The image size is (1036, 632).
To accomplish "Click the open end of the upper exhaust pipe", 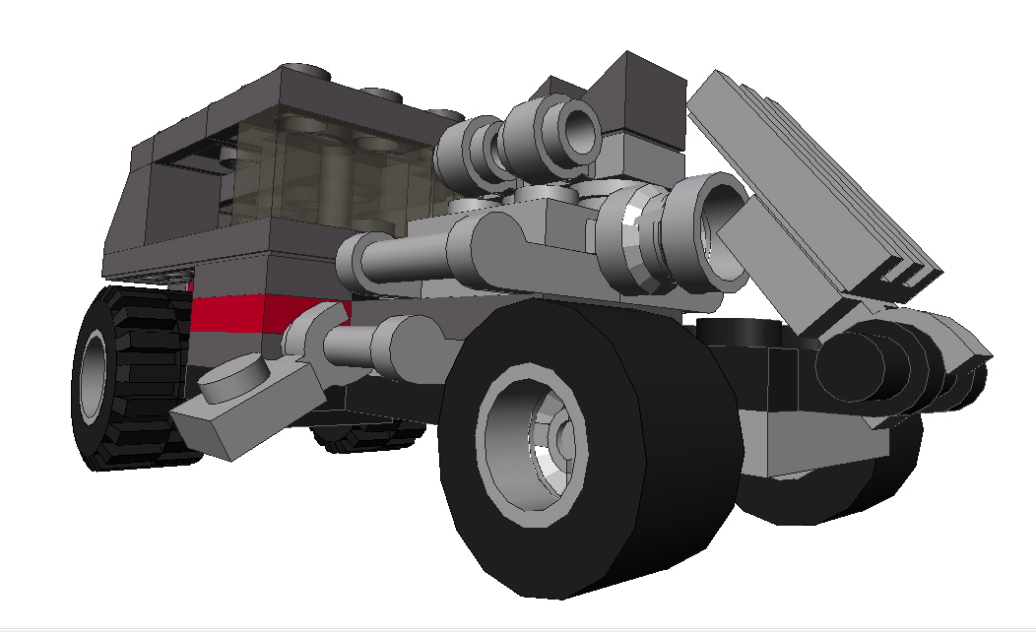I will coord(579,128).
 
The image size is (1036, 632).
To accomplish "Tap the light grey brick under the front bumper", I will coord(808,438).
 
